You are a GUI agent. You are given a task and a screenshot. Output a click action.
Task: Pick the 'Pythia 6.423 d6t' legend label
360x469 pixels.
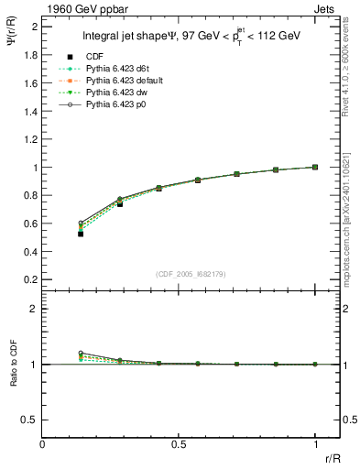(121, 69)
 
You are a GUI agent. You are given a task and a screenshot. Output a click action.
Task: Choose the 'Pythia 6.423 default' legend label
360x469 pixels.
(128, 82)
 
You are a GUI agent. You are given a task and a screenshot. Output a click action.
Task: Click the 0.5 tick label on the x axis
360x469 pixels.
(179, 444)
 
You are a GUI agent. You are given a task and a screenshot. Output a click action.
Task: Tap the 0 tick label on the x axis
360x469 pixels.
(42, 444)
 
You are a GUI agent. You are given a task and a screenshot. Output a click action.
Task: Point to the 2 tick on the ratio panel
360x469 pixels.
(35, 309)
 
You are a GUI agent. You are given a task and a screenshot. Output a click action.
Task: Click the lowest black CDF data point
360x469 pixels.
(81, 234)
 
